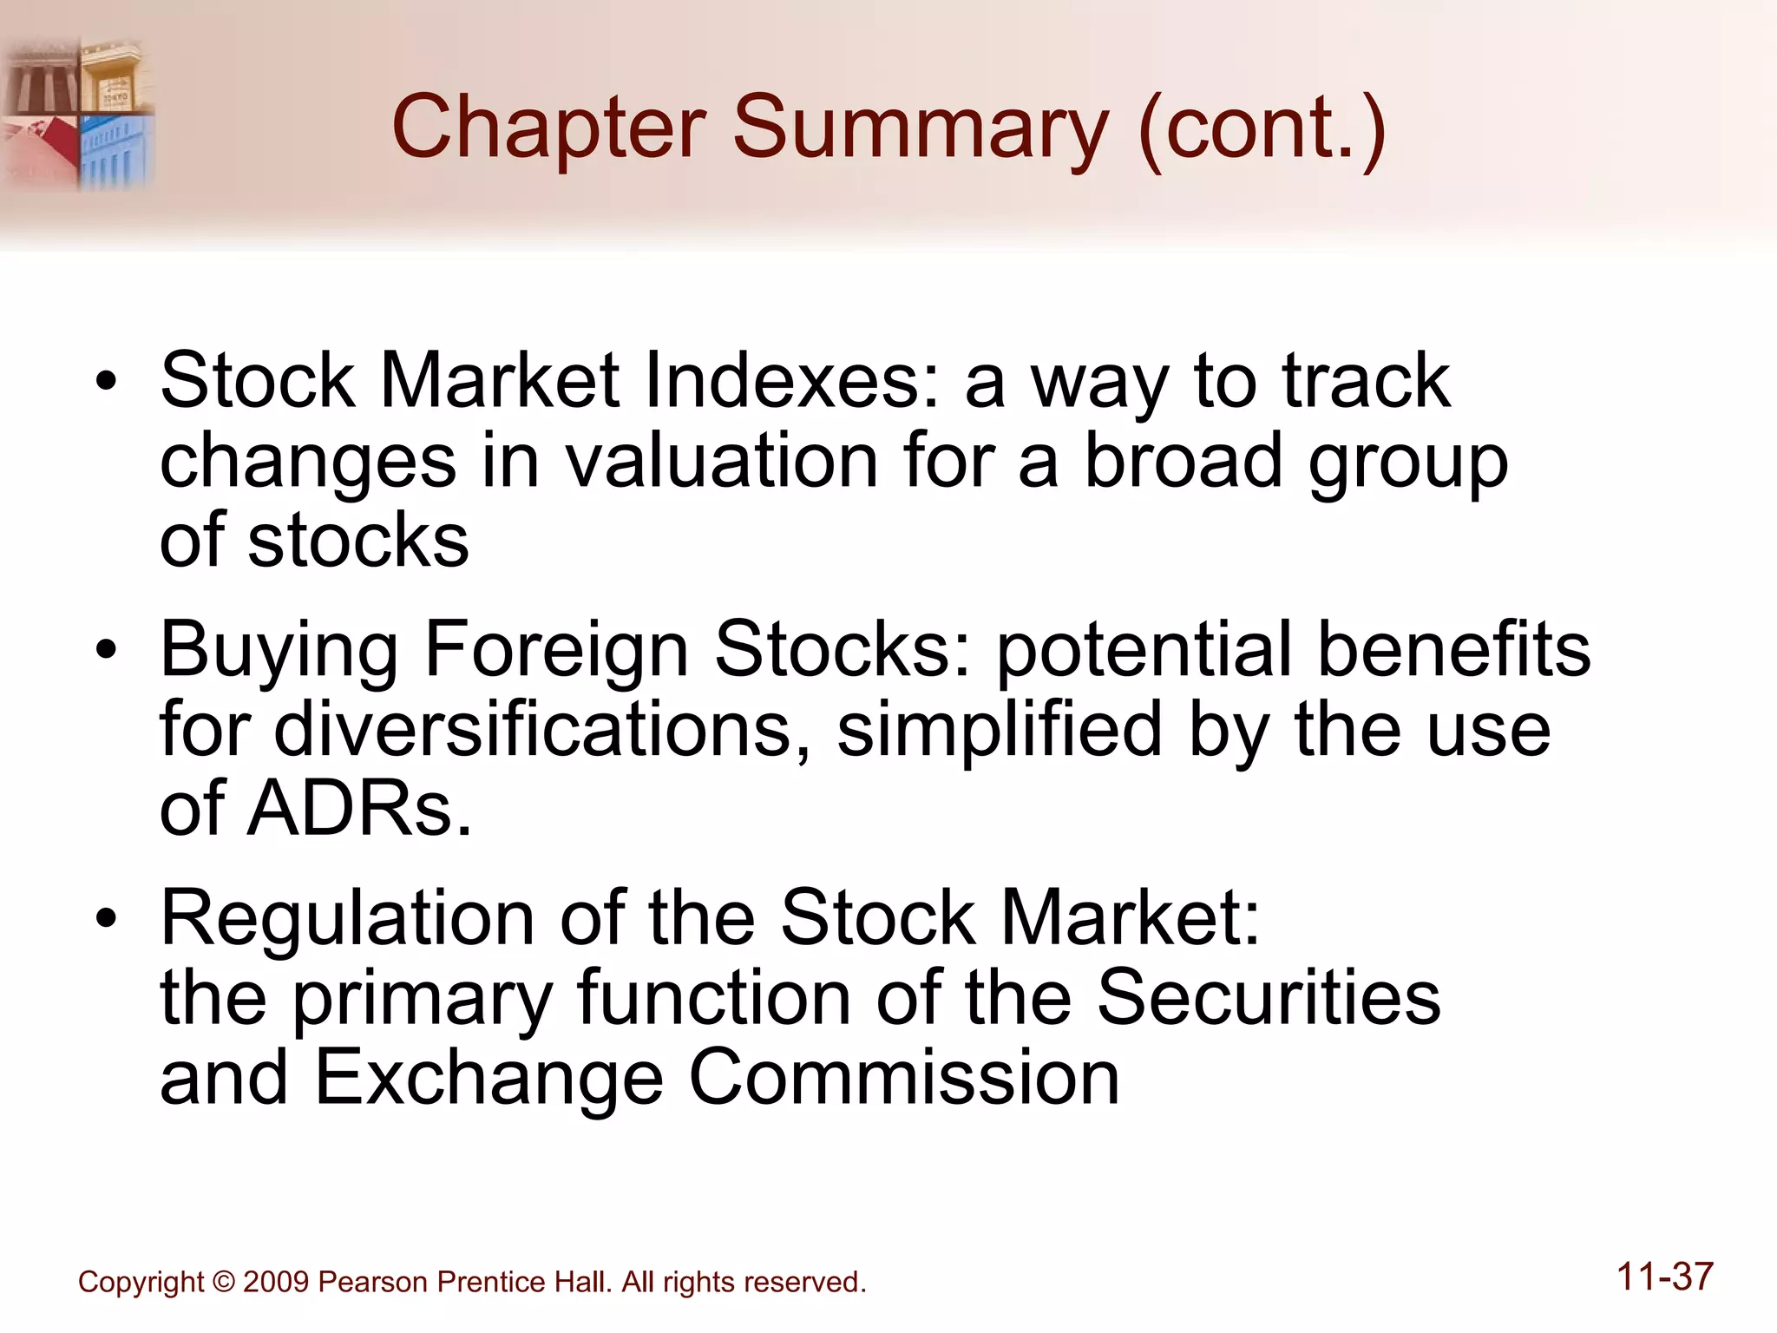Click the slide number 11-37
(x=1664, y=1277)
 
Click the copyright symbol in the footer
(x=223, y=1282)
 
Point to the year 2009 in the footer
(x=276, y=1282)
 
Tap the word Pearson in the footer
(x=373, y=1282)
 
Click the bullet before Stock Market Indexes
(x=106, y=383)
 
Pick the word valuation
(x=722, y=461)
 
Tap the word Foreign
(x=555, y=651)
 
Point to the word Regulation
(x=347, y=919)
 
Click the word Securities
(x=1268, y=997)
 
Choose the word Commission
(x=903, y=1077)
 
